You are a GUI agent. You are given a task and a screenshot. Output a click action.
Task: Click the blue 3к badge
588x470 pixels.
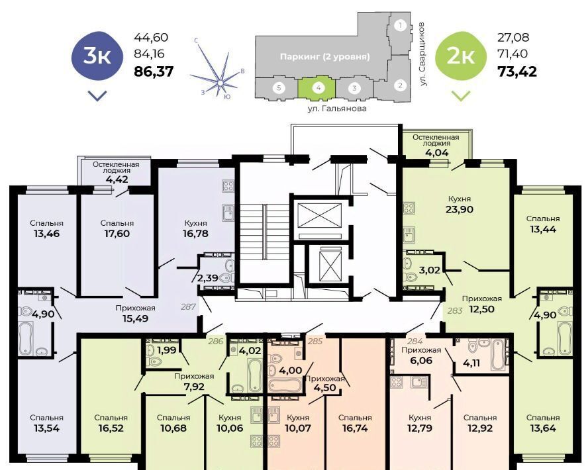97,56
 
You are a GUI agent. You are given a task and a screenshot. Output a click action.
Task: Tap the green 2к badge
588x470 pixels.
460,56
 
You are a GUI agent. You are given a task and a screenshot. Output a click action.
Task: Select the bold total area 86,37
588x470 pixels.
154,71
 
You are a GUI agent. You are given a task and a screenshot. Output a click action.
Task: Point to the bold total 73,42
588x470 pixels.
517,71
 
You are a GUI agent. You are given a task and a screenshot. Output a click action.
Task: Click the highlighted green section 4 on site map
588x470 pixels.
317,89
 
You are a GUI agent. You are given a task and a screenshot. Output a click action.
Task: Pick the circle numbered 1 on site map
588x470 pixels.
401,26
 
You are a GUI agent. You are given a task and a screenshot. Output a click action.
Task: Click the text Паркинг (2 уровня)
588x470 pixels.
324,56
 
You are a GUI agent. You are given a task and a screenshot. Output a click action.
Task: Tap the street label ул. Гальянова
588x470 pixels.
337,109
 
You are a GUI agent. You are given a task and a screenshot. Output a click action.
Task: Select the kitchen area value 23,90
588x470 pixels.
460,209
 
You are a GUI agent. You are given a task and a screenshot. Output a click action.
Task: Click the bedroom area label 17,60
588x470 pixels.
117,234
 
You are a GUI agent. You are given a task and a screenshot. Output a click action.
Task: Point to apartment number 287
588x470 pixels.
188,306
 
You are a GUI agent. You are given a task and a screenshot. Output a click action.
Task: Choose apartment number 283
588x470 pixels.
454,310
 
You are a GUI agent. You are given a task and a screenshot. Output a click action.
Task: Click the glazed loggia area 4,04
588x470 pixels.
436,152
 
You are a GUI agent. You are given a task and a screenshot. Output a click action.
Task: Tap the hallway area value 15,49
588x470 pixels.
135,318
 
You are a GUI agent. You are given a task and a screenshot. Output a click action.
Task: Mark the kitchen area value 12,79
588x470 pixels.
420,428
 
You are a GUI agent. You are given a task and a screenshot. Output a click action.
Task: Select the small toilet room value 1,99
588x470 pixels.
166,350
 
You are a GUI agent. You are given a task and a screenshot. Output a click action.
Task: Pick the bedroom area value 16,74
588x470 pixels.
354,428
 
